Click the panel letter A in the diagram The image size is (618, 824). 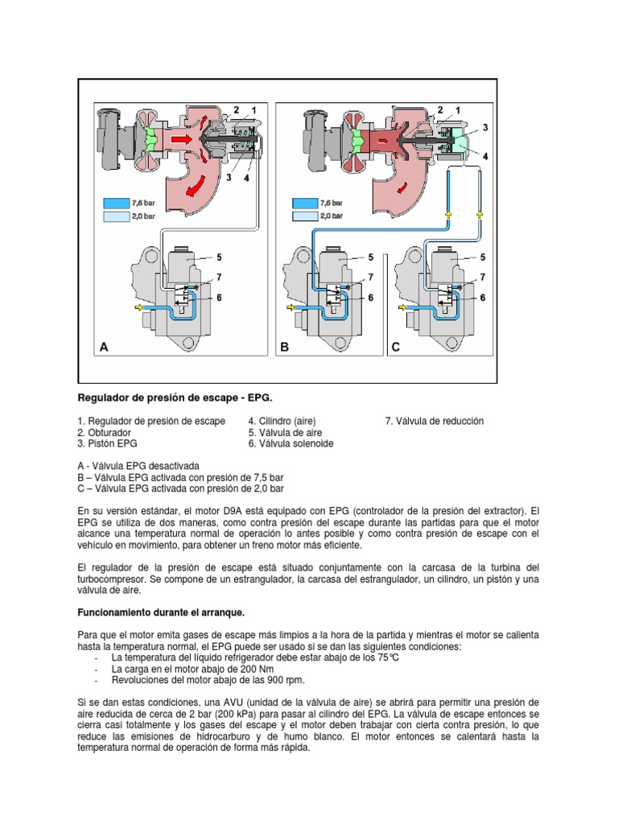(103, 348)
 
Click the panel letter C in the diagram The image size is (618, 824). (395, 348)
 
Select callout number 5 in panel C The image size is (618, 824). (482, 257)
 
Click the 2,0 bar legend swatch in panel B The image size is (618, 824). (305, 216)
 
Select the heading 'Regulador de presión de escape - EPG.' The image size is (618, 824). (175, 398)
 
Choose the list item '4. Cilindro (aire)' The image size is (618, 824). (282, 421)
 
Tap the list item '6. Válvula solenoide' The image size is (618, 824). (290, 443)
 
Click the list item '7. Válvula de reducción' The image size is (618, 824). (434, 421)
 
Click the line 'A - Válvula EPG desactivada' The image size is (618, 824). (137, 466)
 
